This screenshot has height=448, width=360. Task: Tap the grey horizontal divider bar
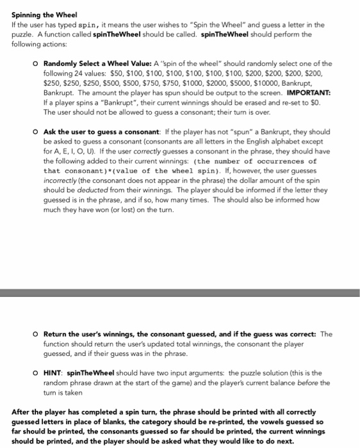180,292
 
